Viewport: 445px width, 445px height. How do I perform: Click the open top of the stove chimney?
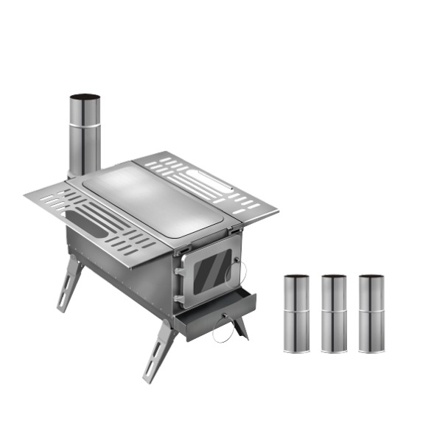85,97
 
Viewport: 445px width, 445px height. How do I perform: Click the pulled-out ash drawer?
216,313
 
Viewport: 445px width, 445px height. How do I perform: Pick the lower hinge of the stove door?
179,298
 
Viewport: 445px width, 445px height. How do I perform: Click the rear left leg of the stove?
70,283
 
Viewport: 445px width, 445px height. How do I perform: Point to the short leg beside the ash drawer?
239,328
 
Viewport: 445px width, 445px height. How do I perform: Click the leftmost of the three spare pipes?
297,313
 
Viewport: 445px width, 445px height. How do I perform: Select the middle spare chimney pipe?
334,313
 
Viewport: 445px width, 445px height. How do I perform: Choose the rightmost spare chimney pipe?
371,313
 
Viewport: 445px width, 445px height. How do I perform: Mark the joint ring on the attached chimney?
85,126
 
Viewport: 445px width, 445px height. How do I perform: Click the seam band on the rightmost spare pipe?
371,311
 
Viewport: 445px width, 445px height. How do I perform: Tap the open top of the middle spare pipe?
334,277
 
